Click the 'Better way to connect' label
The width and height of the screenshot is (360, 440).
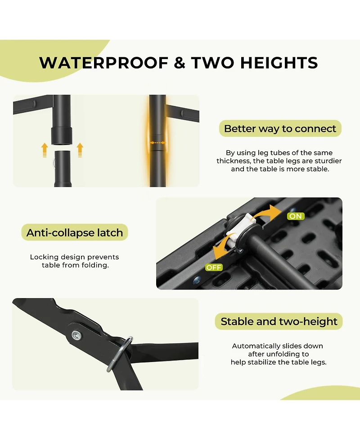point(280,128)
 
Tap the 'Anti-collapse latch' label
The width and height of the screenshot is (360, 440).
point(75,232)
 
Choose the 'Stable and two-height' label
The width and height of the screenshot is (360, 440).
point(279,321)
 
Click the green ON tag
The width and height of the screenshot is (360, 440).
point(296,216)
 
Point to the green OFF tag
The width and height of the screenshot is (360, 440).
point(214,268)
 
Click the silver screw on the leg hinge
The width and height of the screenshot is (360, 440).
point(76,335)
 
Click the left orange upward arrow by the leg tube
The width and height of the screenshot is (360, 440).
point(45,150)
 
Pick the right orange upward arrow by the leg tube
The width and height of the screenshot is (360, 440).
point(80,150)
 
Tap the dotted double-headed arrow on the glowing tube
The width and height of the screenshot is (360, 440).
point(157,143)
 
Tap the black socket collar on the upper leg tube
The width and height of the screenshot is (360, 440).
point(61,136)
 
